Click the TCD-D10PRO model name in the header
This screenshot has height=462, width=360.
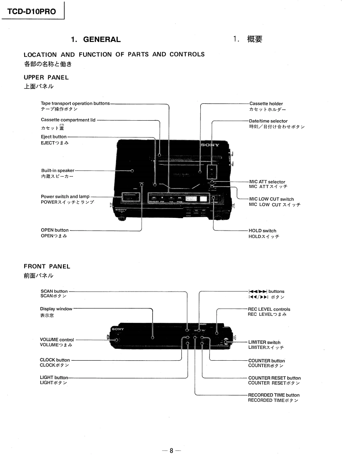pyautogui.click(x=31, y=12)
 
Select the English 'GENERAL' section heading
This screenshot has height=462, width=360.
pyautogui.click(x=102, y=40)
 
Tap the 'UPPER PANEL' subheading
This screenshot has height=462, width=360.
pyautogui.click(x=46, y=77)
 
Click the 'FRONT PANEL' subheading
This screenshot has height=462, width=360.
pyautogui.click(x=47, y=266)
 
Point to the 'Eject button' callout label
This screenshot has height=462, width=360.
pyautogui.click(x=53, y=137)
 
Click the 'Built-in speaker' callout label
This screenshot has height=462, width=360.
pyautogui.click(x=58, y=170)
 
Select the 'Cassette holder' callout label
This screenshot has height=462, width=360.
pyautogui.click(x=266, y=104)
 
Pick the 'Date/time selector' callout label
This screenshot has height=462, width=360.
pyautogui.click(x=268, y=121)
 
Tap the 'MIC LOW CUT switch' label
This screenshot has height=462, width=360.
pyautogui.click(x=271, y=199)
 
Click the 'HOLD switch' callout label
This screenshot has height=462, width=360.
pyautogui.click(x=262, y=231)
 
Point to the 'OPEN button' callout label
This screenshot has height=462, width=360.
pyautogui.click(x=55, y=230)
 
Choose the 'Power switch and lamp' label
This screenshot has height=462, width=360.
pyautogui.click(x=65, y=197)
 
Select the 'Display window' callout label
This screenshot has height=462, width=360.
pyautogui.click(x=56, y=309)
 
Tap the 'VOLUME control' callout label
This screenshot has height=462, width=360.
pyautogui.click(x=57, y=340)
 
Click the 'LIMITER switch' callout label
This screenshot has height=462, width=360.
pyautogui.click(x=264, y=342)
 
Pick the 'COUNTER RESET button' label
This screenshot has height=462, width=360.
pyautogui.click(x=274, y=378)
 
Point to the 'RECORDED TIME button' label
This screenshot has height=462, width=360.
pyautogui.click(x=274, y=395)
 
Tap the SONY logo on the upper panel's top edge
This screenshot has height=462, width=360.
pyautogui.click(x=210, y=145)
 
